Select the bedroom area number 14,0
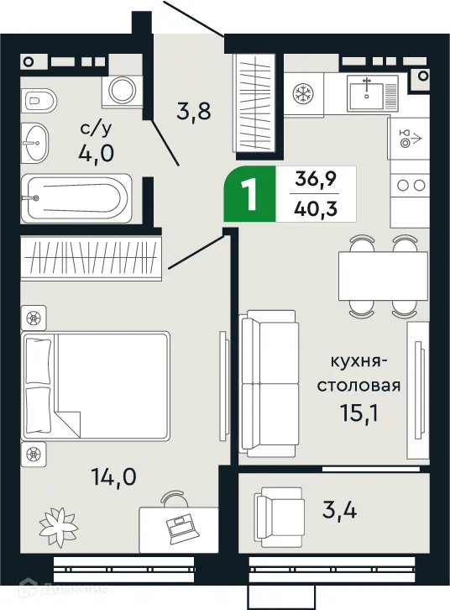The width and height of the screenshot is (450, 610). coord(112,479)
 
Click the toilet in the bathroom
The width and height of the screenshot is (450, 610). coord(39,102)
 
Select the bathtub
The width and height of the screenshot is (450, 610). coord(76,197)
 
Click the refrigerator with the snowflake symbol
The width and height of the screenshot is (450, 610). coord(301,93)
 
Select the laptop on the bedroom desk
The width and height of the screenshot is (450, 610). coord(181,527)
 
